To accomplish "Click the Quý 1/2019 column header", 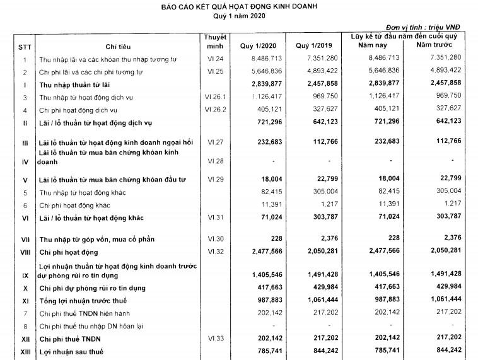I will coord(312,47).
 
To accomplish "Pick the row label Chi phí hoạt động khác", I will coord(74,205).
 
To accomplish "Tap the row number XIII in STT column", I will coord(24,351).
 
